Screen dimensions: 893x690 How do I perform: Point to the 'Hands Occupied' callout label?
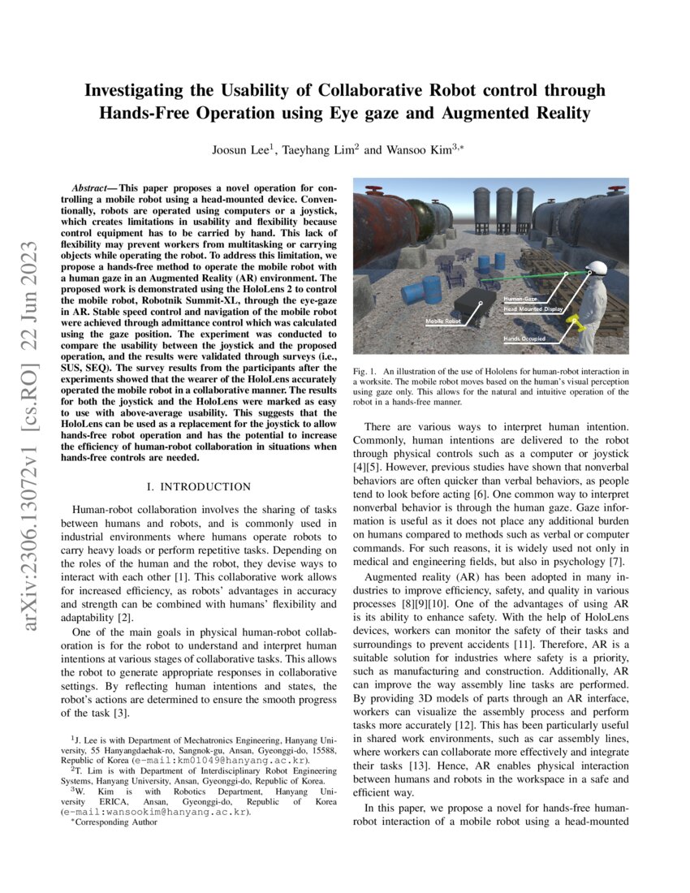(524, 338)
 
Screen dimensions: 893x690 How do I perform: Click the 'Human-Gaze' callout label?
(520, 300)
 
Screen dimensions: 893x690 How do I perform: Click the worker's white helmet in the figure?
(597, 268)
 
